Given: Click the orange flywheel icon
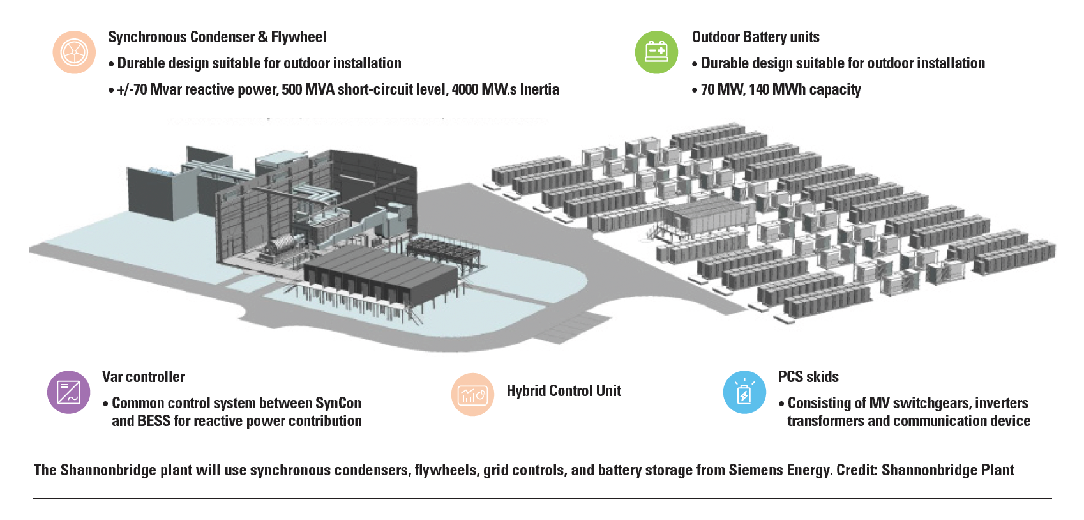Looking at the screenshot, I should point(74,52).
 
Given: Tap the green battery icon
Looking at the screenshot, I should point(656,52).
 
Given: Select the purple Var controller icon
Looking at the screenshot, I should point(68,392).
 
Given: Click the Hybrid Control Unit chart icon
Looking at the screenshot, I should point(472,395).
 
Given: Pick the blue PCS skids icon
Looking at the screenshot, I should point(744,392).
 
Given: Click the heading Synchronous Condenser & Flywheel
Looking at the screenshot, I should point(217,37).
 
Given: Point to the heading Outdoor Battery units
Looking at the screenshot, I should point(755,37).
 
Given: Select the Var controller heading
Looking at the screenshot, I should point(144,377).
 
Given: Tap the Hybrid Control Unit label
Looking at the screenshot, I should point(564,391).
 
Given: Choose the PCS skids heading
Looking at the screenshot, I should point(808,377).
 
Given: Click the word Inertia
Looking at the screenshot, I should point(539,89).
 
